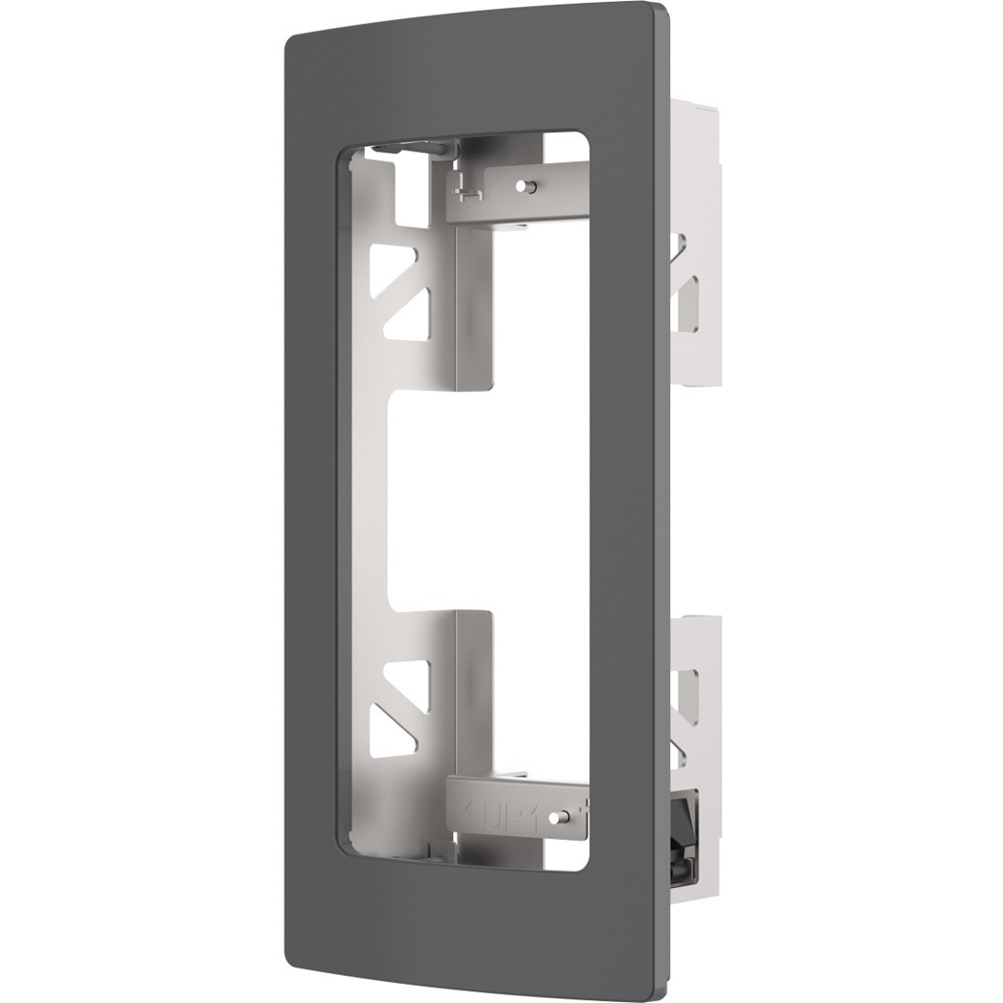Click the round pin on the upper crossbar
(522, 186)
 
